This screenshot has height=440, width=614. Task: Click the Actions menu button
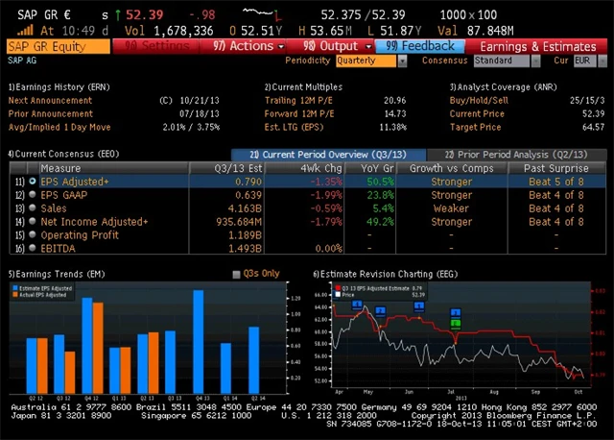(248, 45)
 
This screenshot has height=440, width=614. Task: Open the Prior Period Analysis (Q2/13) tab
(517, 154)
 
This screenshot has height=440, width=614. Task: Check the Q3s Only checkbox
(238, 274)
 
